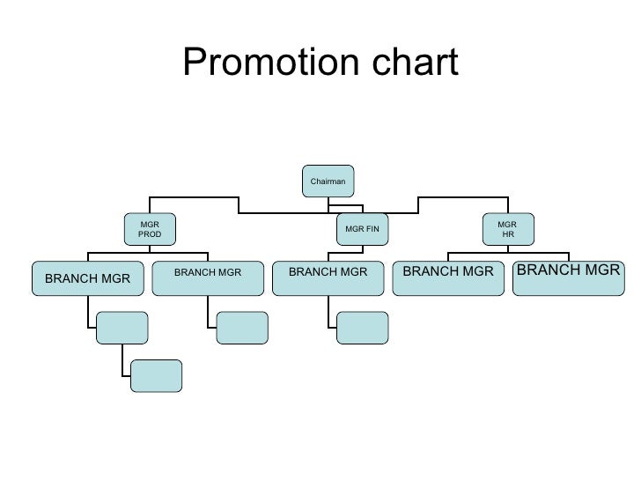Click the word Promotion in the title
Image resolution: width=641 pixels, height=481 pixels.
[247, 63]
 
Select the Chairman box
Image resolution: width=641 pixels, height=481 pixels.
[328, 181]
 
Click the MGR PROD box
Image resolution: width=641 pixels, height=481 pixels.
[150, 230]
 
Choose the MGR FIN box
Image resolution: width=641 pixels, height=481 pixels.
[362, 229]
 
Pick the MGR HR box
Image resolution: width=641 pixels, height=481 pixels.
[507, 229]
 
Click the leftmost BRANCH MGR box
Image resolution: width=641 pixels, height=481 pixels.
[87, 277]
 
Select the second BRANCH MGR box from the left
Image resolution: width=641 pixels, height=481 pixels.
[208, 277]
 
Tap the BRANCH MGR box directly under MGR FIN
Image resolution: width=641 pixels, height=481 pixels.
[328, 277]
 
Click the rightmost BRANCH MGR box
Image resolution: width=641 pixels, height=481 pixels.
[568, 277]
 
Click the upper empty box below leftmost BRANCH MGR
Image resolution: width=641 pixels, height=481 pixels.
[122, 327]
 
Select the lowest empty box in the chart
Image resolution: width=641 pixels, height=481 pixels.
[156, 374]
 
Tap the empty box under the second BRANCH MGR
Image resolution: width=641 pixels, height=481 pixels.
[242, 327]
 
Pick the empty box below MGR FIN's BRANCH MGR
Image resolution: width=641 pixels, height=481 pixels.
[362, 327]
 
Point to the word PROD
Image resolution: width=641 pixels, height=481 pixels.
[150, 235]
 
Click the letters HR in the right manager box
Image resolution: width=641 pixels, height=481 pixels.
[507, 235]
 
